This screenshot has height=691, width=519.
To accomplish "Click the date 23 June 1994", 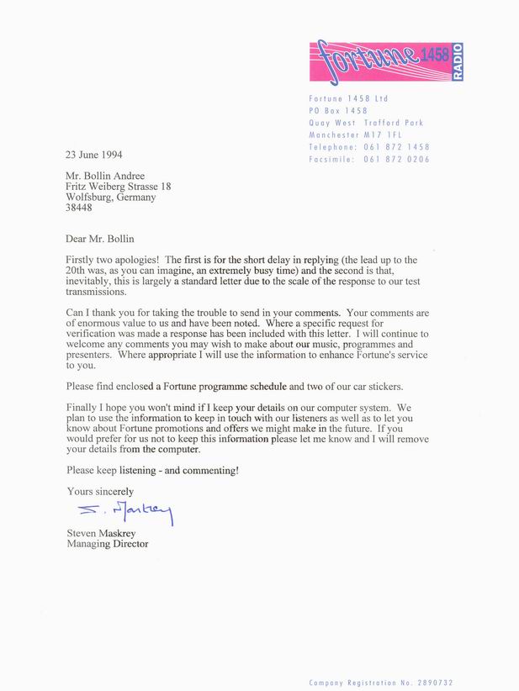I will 95,155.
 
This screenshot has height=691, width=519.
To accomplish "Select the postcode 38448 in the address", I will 81,212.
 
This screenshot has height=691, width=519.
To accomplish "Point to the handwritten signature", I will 124,511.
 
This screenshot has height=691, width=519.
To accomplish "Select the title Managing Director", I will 108,544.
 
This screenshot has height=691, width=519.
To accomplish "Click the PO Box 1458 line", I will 337,110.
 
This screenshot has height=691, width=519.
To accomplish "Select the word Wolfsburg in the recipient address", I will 89,200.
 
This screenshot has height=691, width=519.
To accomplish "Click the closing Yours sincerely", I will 100,491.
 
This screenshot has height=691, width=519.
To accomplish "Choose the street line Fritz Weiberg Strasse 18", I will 119,187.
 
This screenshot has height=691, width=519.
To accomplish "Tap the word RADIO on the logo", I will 457,62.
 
